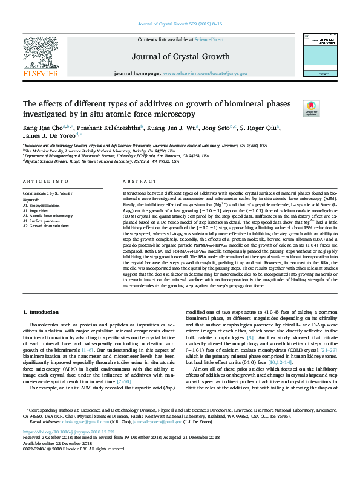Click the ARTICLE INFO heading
[42, 181]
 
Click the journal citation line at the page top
[180, 24]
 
